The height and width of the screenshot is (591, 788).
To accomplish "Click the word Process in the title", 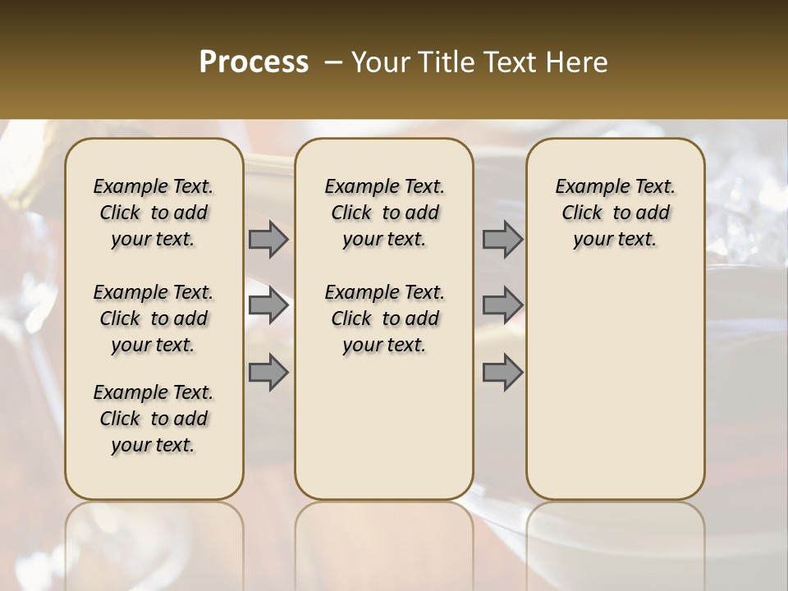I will click(x=254, y=62).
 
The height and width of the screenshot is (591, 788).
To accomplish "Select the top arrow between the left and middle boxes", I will click(x=268, y=239).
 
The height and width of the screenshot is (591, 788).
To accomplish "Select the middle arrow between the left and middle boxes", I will click(x=268, y=305).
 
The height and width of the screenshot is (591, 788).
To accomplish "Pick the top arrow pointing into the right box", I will click(x=502, y=239).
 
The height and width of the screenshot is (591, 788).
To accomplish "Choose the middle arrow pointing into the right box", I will click(x=502, y=305).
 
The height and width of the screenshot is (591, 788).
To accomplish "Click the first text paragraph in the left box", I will click(x=153, y=213).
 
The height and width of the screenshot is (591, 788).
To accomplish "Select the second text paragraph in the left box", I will click(x=153, y=318).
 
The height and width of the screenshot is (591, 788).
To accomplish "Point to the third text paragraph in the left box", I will click(x=153, y=419).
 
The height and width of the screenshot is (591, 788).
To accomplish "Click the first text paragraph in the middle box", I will click(x=384, y=213).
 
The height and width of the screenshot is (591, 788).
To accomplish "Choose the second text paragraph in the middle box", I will click(x=384, y=318).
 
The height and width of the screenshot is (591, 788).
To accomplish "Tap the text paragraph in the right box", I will click(x=615, y=213).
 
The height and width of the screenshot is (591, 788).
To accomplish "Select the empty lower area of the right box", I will click(x=615, y=386).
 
